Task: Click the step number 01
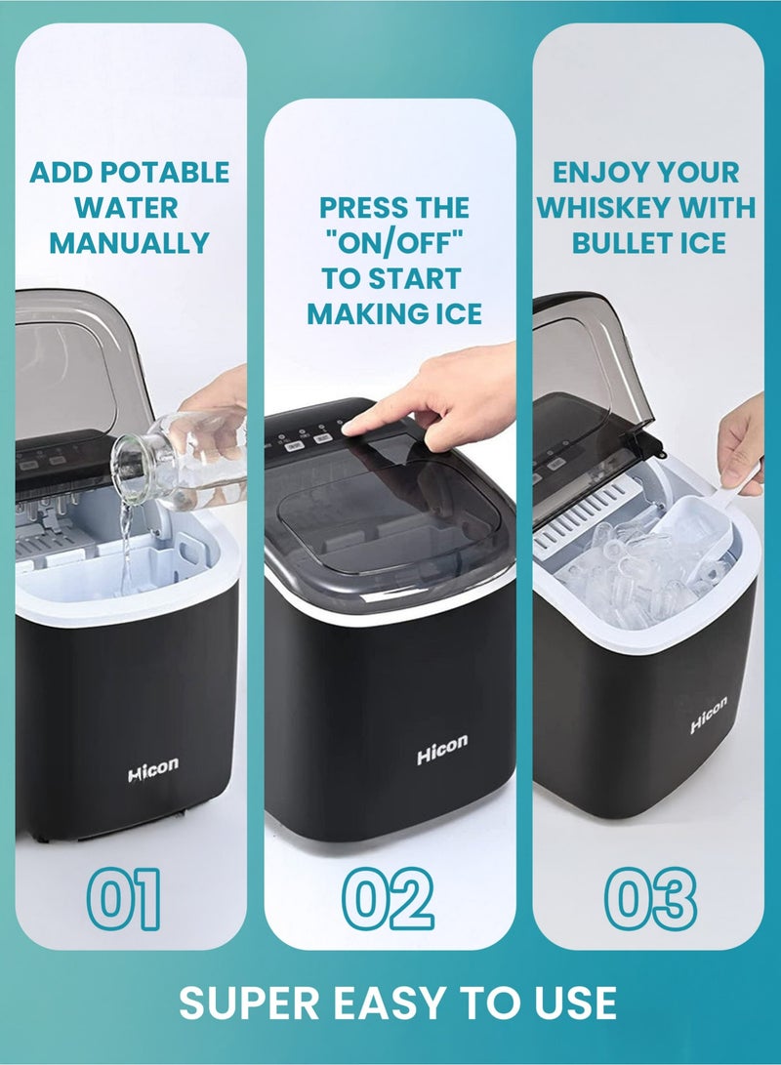pos(123,899)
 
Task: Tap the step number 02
pos(389,899)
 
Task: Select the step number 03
pos(649,899)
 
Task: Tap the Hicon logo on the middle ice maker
pos(442,751)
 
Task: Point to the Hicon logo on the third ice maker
pos(709,715)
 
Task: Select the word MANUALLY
pos(129,242)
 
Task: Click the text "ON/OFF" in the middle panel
pos(394,242)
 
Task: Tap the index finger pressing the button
pos(371,418)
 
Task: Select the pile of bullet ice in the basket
pos(635,576)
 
